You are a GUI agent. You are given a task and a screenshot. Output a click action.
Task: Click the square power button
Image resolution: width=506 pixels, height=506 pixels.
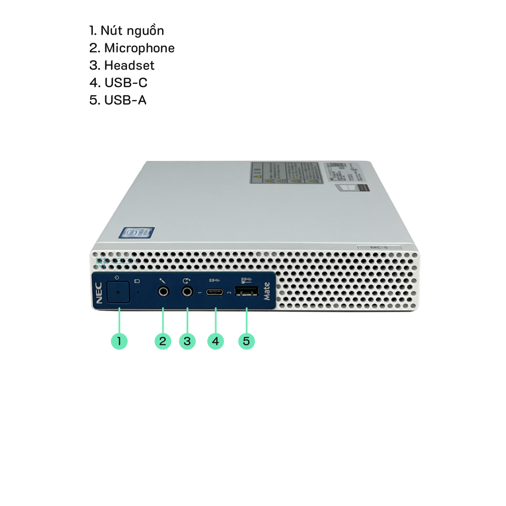118,292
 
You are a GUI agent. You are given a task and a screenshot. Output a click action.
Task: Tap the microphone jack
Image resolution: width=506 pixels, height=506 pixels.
163,292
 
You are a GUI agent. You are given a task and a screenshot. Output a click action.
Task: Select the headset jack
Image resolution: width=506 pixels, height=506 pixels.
187,292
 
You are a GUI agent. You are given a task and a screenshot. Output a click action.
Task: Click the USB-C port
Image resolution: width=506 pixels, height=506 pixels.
215,292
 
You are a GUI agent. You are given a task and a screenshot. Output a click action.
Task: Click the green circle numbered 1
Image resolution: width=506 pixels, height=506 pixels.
119,341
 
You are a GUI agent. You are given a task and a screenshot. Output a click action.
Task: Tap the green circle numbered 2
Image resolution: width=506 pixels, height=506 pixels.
163,341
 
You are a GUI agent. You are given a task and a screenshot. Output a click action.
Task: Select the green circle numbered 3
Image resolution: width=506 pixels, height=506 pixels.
187,341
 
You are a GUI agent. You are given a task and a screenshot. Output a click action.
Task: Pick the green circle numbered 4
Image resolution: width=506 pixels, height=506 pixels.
216,341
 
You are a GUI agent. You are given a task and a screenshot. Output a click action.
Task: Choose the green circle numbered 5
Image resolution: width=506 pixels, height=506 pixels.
246,341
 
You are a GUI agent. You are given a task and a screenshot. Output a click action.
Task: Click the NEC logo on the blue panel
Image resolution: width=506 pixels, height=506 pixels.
99,293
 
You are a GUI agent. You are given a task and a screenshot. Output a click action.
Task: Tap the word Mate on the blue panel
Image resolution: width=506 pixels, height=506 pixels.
267,291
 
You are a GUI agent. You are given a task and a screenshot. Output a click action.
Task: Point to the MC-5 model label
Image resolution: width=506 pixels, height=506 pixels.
379,247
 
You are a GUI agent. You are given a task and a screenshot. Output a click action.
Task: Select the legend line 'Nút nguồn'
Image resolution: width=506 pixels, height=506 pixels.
127,31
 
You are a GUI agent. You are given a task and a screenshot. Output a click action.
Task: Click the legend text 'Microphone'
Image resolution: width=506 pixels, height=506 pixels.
139,48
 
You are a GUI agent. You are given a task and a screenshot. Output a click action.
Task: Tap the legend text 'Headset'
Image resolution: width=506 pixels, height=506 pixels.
129,65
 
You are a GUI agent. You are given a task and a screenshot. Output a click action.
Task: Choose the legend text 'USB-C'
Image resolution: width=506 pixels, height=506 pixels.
126,83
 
